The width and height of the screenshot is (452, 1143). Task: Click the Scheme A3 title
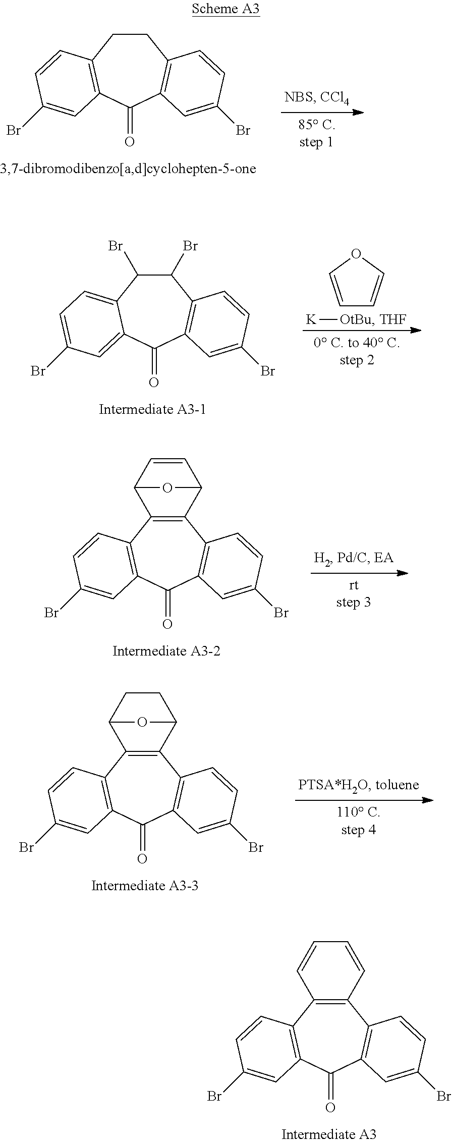coord(225,9)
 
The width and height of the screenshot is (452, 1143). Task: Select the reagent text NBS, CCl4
coord(317,98)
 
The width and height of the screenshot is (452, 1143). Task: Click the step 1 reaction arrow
coord(322,112)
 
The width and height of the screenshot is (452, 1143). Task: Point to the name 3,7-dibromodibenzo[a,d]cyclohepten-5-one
coord(128,169)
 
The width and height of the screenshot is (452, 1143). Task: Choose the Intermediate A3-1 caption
coord(152,409)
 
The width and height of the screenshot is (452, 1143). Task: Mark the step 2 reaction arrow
coord(362,330)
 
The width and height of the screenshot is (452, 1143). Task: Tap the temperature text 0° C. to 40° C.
coord(357,343)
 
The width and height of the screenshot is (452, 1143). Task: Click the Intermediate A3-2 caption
coord(166,651)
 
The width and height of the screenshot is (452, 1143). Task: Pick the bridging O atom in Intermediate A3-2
coord(167,488)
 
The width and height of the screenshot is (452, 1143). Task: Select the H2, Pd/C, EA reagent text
coord(354,559)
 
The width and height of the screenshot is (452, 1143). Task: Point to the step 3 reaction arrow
coord(359,573)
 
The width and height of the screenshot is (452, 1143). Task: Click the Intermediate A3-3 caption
coord(145,886)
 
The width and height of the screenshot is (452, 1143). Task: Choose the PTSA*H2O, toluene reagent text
coord(359,785)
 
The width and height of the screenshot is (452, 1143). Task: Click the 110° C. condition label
coord(359,812)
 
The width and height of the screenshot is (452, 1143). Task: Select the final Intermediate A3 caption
coord(329,1134)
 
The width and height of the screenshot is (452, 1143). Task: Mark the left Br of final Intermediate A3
coord(214,1096)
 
